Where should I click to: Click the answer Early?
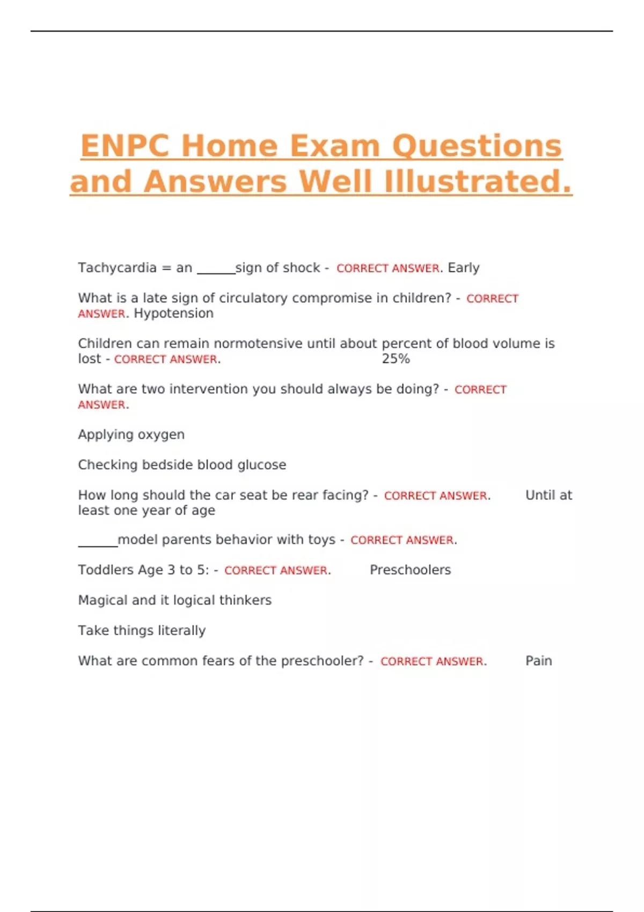coord(464,268)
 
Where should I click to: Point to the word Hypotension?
coord(173,313)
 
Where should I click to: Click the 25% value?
coord(396,359)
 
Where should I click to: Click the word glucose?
coord(262,465)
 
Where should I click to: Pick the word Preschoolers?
coord(410,570)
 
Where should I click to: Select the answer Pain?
coord(538,661)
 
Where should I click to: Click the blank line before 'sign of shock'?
coord(216,272)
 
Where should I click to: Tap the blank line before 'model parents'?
coord(98,545)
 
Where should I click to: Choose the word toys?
coord(321,540)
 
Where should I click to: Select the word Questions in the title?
coord(477,146)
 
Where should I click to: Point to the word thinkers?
coord(248,600)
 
